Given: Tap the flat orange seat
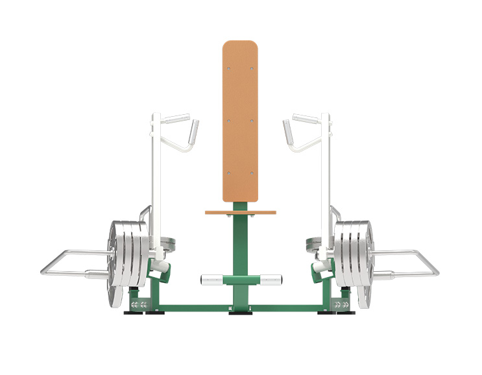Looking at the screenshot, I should [x=241, y=212].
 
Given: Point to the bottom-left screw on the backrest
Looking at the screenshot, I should [x=230, y=173].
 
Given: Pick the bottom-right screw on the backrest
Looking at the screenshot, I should [x=252, y=173].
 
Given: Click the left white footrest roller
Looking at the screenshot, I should [x=211, y=280].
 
